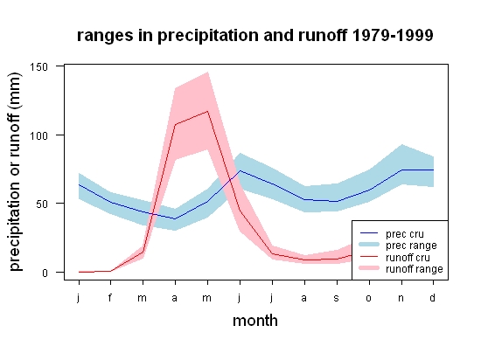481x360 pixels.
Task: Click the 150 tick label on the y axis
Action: [x=38, y=66]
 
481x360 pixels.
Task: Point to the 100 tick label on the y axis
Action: [x=38, y=135]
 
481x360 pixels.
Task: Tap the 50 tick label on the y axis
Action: [x=42, y=204]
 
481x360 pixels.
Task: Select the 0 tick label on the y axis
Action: [x=45, y=273]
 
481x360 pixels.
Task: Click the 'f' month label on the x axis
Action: [x=110, y=297]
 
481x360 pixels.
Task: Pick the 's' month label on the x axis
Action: [x=337, y=298]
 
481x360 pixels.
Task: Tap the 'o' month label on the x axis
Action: [x=369, y=298]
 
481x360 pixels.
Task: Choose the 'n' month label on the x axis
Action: [x=401, y=298]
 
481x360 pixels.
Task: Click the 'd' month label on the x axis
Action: [x=433, y=297]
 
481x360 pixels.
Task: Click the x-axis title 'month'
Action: [x=255, y=321]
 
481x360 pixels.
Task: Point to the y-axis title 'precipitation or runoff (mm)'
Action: [x=15, y=172]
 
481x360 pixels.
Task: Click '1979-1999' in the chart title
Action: [x=393, y=35]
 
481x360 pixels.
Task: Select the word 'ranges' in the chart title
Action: [x=105, y=36]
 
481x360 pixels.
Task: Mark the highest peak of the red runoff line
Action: [x=207, y=111]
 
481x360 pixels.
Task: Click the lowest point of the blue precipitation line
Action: [x=175, y=218]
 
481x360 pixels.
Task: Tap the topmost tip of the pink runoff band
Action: [x=208, y=73]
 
